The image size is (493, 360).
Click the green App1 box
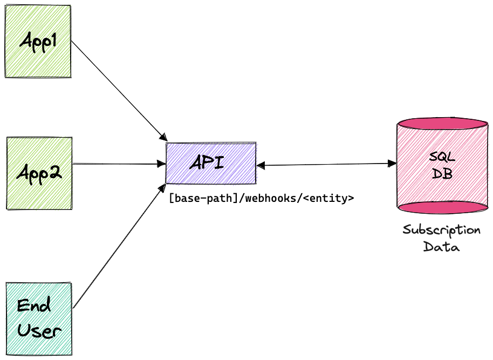[38, 41]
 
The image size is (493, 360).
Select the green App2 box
[39, 173]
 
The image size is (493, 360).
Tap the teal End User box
[38, 318]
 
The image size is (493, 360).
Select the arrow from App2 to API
[119, 163]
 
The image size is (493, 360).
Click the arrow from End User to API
[119, 248]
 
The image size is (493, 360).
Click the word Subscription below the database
[441, 230]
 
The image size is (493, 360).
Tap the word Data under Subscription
[441, 248]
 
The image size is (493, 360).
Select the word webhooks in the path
[269, 199]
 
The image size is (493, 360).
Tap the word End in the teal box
[33, 306]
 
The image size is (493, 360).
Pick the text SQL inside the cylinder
[442, 157]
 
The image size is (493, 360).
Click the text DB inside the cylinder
[442, 174]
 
